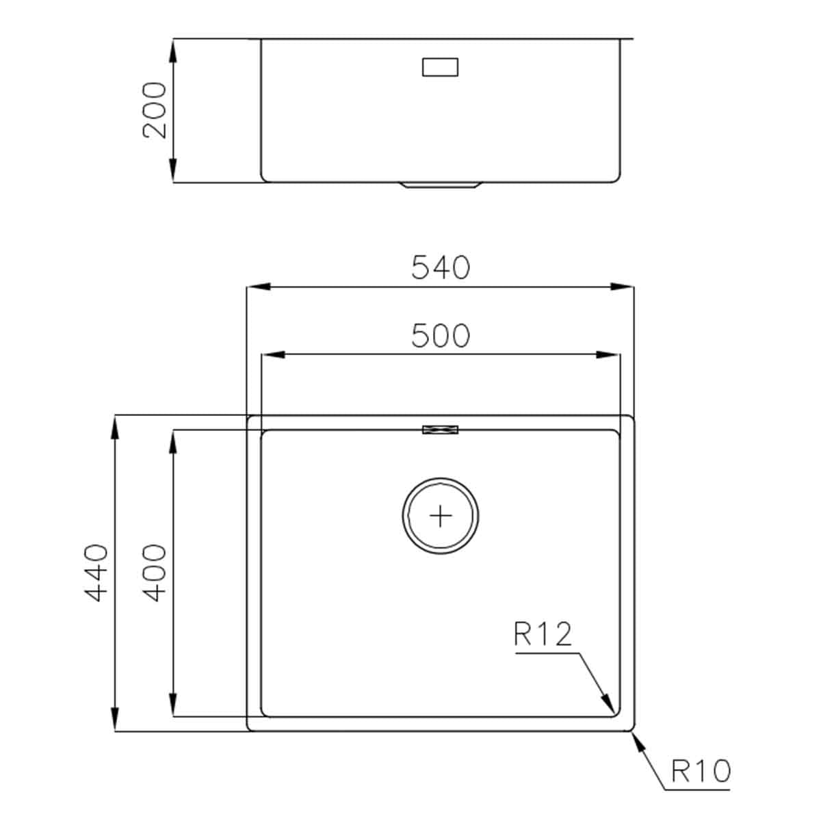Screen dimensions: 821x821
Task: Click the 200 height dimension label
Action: [155, 110]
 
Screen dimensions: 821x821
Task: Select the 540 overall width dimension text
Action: [441, 268]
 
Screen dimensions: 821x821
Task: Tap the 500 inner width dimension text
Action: [441, 336]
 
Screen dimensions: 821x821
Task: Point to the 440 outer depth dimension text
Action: [96, 573]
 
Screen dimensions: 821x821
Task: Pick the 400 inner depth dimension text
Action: [155, 573]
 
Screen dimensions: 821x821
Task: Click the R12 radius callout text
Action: [543, 634]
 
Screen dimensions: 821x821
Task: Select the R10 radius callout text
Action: [701, 771]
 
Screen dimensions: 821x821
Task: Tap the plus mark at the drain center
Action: [441, 515]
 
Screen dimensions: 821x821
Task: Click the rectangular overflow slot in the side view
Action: [441, 67]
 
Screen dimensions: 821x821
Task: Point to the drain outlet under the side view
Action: [441, 185]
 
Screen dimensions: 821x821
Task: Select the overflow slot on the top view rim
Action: [441, 430]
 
